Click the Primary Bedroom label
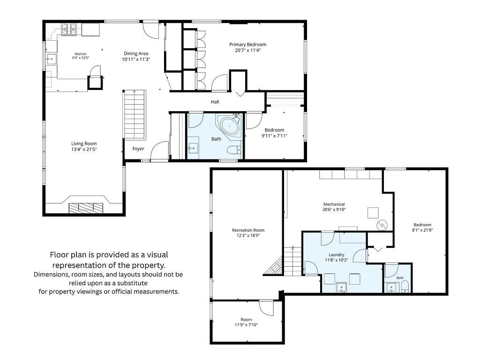click(x=247, y=45)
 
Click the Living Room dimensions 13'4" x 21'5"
click(x=84, y=150)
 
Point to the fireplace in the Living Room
click(x=86, y=208)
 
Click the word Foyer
click(x=138, y=149)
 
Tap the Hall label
click(x=215, y=102)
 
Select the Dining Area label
click(x=136, y=53)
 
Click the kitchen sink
click(x=51, y=58)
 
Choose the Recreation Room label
click(x=248, y=230)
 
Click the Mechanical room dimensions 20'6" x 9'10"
click(x=334, y=210)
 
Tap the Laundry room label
click(x=337, y=255)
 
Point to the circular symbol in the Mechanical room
click(x=382, y=225)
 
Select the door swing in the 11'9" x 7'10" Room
click(x=266, y=307)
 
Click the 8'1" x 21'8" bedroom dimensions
click(x=422, y=230)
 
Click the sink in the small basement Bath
click(x=391, y=288)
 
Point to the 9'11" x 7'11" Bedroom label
click(x=274, y=130)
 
